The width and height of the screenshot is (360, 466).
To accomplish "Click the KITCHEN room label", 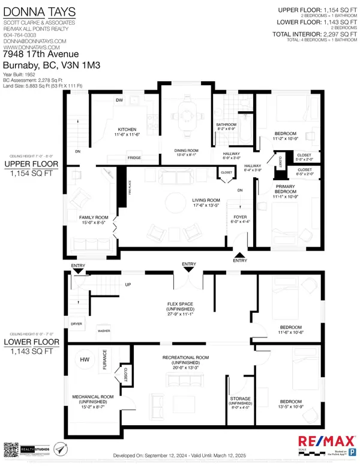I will click(x=127, y=129).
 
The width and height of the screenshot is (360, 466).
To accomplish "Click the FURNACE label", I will click(x=105, y=363).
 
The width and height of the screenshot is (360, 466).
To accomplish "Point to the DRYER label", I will click(x=76, y=324).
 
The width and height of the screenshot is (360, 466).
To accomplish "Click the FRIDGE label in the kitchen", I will click(x=134, y=158).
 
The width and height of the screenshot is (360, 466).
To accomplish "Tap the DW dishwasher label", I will click(x=119, y=100).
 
